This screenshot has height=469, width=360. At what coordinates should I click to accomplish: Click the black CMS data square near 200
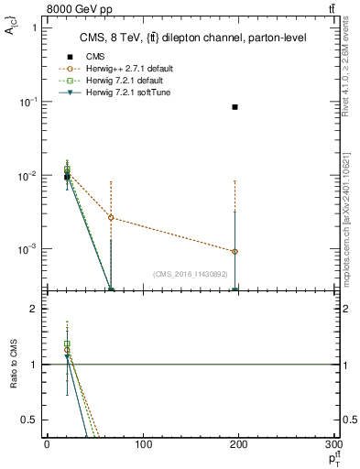(x=235, y=107)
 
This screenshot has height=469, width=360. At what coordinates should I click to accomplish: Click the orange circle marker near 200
(x=235, y=251)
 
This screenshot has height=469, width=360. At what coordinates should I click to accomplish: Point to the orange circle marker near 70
(x=111, y=218)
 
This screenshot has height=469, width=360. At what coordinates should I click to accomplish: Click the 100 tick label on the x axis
(x=143, y=445)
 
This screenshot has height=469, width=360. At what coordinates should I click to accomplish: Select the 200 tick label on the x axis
(x=240, y=445)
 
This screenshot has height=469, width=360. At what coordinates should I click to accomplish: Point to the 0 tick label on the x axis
(x=47, y=445)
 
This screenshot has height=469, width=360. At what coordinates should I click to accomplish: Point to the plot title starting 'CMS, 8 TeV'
(x=192, y=38)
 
